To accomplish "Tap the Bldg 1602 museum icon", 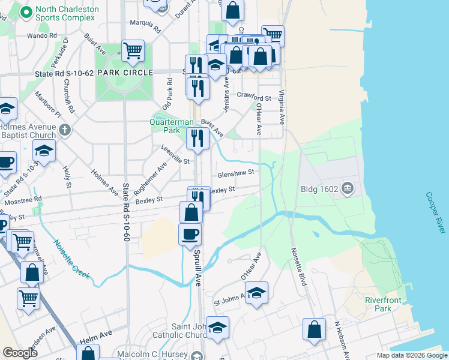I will click(x=347, y=190).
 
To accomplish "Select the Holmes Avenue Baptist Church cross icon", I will click(x=65, y=129).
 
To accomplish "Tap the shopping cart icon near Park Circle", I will click(x=132, y=50).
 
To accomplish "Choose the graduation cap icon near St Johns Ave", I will click(x=256, y=292).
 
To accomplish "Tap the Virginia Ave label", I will click(x=281, y=106).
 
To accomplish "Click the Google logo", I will click(x=20, y=353).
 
